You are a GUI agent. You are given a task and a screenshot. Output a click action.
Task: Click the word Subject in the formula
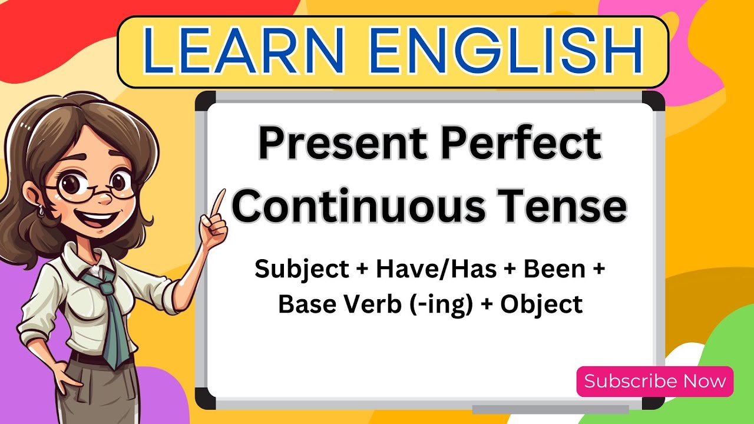point(301,269)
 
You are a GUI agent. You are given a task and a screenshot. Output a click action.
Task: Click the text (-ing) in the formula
point(439,304)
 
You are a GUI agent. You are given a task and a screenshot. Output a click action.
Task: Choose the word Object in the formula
point(541,304)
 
